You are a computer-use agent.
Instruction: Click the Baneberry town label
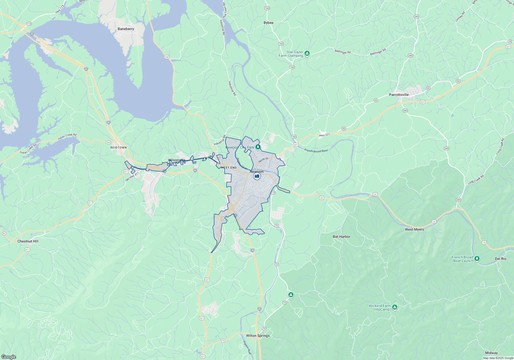(126, 29)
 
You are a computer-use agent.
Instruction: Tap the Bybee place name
(269, 23)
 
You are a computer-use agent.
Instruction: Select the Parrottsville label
(399, 95)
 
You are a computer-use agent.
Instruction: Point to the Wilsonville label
(177, 160)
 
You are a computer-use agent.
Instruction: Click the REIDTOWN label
(118, 148)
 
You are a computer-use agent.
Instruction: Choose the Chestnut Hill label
(28, 241)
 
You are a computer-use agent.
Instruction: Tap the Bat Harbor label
(341, 237)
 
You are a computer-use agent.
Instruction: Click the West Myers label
(414, 230)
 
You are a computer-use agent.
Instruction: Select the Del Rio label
(500, 259)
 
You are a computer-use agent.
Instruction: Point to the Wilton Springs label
(258, 336)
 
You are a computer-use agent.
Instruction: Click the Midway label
(491, 353)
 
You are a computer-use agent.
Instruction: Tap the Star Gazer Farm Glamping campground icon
(307, 53)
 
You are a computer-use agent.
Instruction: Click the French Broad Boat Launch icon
(477, 258)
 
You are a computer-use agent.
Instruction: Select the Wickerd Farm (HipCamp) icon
(395, 307)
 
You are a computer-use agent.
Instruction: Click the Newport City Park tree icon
(258, 147)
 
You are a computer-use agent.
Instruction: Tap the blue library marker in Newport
(257, 176)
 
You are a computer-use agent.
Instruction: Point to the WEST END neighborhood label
(228, 168)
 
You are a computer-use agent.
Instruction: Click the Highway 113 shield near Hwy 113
(29, 24)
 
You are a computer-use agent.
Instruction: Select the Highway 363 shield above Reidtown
(108, 142)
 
